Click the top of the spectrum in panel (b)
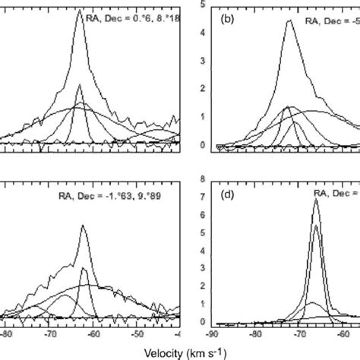289,21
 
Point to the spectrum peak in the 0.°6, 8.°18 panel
80,11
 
